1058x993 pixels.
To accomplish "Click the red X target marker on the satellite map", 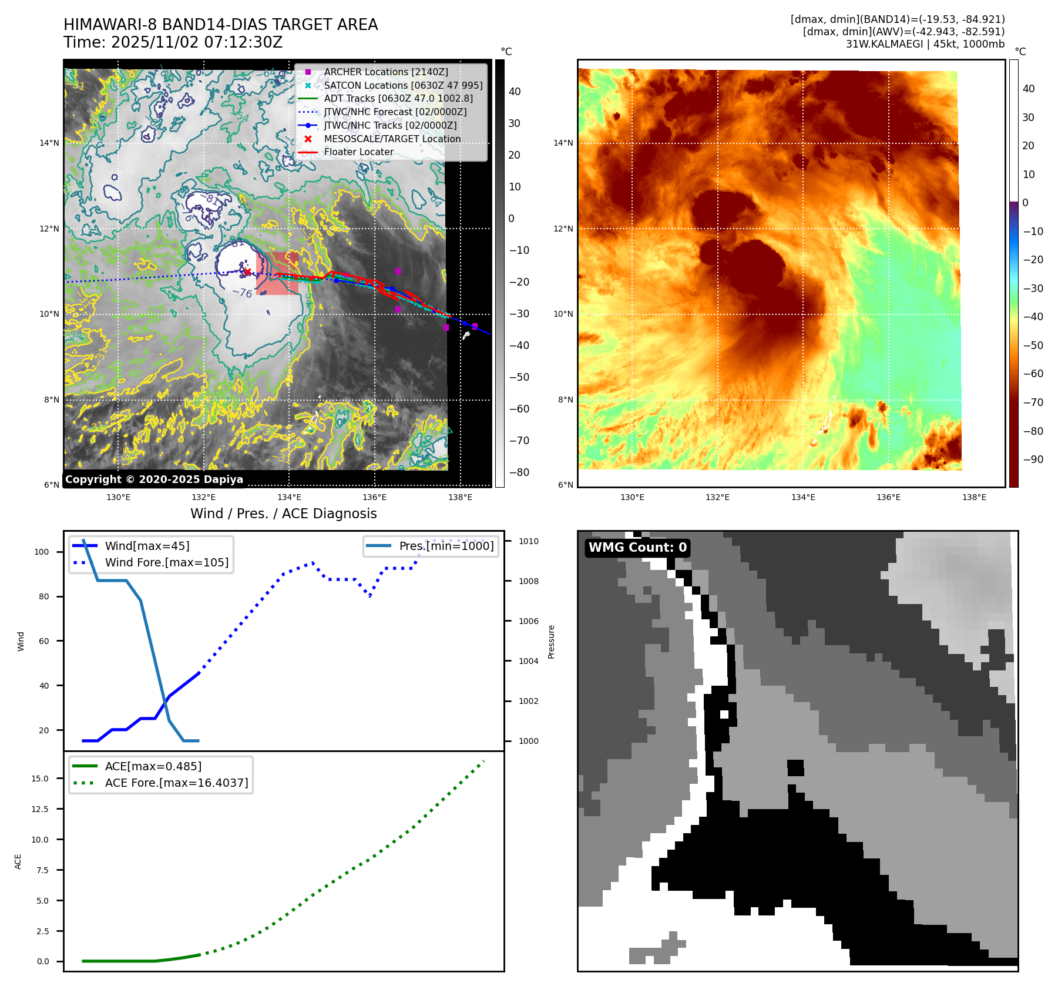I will pos(247,271).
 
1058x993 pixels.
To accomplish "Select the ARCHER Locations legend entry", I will pos(385,72).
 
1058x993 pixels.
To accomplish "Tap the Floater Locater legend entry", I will pos(358,152).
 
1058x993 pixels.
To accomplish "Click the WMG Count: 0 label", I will pos(637,548).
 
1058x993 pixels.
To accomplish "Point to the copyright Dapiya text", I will pos(154,479).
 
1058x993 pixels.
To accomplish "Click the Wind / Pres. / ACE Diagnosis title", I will pos(283,514).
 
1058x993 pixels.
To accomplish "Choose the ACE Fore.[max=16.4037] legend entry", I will pos(176,783).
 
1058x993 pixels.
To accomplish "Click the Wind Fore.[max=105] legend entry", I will pos(166,562).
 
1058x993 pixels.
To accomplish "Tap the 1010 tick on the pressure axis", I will pos(528,541).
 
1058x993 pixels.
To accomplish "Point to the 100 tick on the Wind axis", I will pos(42,552).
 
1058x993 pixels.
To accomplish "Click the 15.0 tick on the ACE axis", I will pos(40,779).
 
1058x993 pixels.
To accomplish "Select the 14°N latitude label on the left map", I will pos(49,143).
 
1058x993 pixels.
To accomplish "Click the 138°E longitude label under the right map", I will pos(974,497).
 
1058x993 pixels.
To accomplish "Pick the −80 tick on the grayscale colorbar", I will pos(519,472).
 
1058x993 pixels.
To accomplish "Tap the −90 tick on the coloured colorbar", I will pos(1033,459).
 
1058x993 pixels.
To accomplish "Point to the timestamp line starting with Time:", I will pos(173,42).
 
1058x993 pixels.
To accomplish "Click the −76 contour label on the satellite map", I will pos(242,293).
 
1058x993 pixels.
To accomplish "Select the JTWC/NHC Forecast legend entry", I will pos(395,112).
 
